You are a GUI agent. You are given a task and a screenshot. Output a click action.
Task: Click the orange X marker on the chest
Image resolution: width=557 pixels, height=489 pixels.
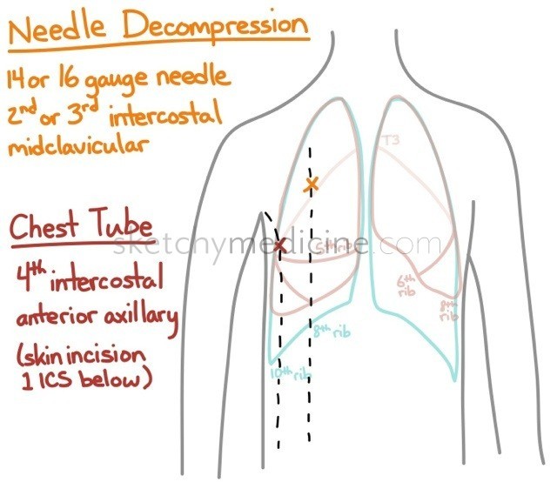tap(310, 184)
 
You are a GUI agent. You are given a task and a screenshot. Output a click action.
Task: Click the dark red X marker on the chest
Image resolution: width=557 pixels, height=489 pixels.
tap(279, 245)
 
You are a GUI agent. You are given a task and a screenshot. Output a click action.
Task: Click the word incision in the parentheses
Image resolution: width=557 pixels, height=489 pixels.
tap(122, 358)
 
